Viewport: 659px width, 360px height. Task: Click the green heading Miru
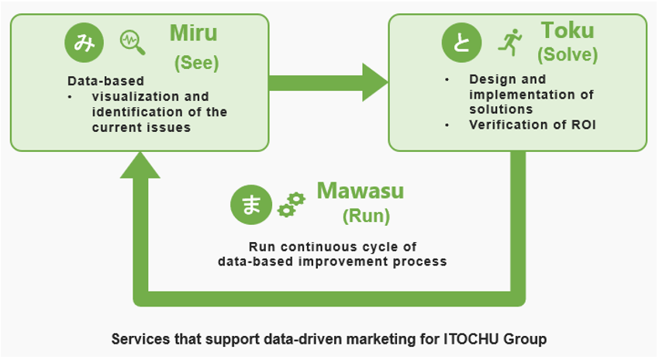(193, 33)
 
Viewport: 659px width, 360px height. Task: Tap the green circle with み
(84, 43)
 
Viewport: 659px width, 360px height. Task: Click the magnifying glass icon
(133, 43)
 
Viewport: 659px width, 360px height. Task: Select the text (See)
(197, 63)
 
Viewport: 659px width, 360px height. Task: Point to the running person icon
(510, 43)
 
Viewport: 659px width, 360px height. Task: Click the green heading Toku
(568, 30)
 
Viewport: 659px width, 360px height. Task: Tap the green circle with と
(461, 43)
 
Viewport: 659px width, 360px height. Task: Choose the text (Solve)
(568, 54)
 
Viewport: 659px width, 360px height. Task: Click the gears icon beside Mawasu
(292, 205)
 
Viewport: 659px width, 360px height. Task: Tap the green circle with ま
(251, 205)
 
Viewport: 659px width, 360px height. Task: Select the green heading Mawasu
(361, 191)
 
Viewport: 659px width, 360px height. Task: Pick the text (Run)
(366, 216)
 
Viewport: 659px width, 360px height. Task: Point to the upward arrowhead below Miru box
(140, 164)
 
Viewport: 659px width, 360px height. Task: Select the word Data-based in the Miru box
(106, 81)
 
